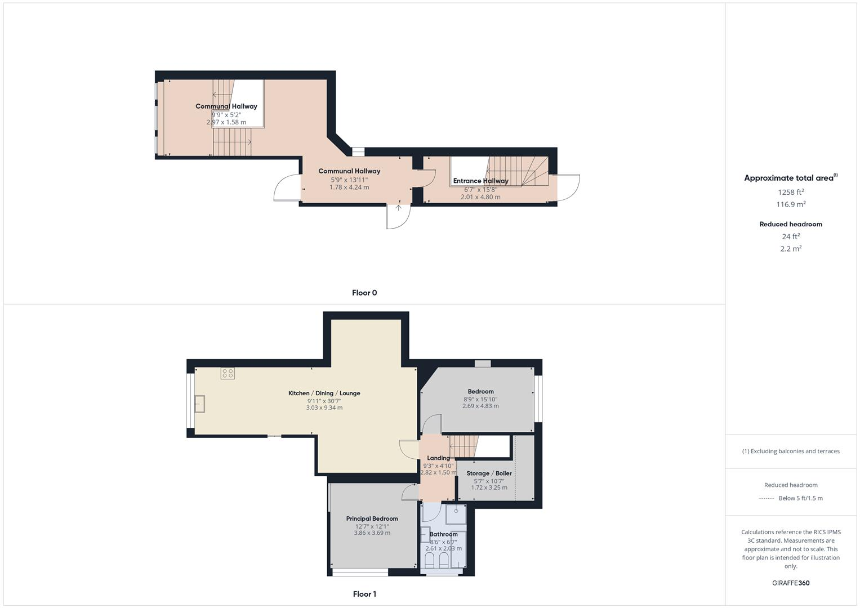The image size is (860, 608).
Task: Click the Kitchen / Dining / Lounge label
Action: click(x=324, y=393)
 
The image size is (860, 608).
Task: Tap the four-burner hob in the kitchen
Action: click(x=228, y=373)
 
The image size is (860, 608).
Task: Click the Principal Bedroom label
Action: click(x=372, y=518)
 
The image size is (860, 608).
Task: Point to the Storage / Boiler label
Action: click(x=489, y=473)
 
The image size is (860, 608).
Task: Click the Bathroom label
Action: click(x=443, y=534)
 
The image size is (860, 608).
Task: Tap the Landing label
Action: click(x=438, y=458)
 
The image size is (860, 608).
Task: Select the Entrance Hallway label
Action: click(x=480, y=181)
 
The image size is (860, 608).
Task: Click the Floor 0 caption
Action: click(x=364, y=293)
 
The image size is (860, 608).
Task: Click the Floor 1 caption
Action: click(x=364, y=594)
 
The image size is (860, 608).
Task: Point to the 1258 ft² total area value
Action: click(x=791, y=192)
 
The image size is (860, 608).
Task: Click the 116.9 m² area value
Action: click(x=791, y=204)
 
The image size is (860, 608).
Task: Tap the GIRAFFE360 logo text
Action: click(x=791, y=583)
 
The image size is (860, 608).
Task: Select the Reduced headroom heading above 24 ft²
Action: click(x=791, y=224)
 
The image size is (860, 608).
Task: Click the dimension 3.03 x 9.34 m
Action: click(x=324, y=408)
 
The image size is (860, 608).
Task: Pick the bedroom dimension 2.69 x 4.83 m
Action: click(x=480, y=406)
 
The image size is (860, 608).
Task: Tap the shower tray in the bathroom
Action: click(x=456, y=513)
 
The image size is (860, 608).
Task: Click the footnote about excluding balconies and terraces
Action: click(x=791, y=451)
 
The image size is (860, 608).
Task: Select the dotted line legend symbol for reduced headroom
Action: click(x=767, y=498)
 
